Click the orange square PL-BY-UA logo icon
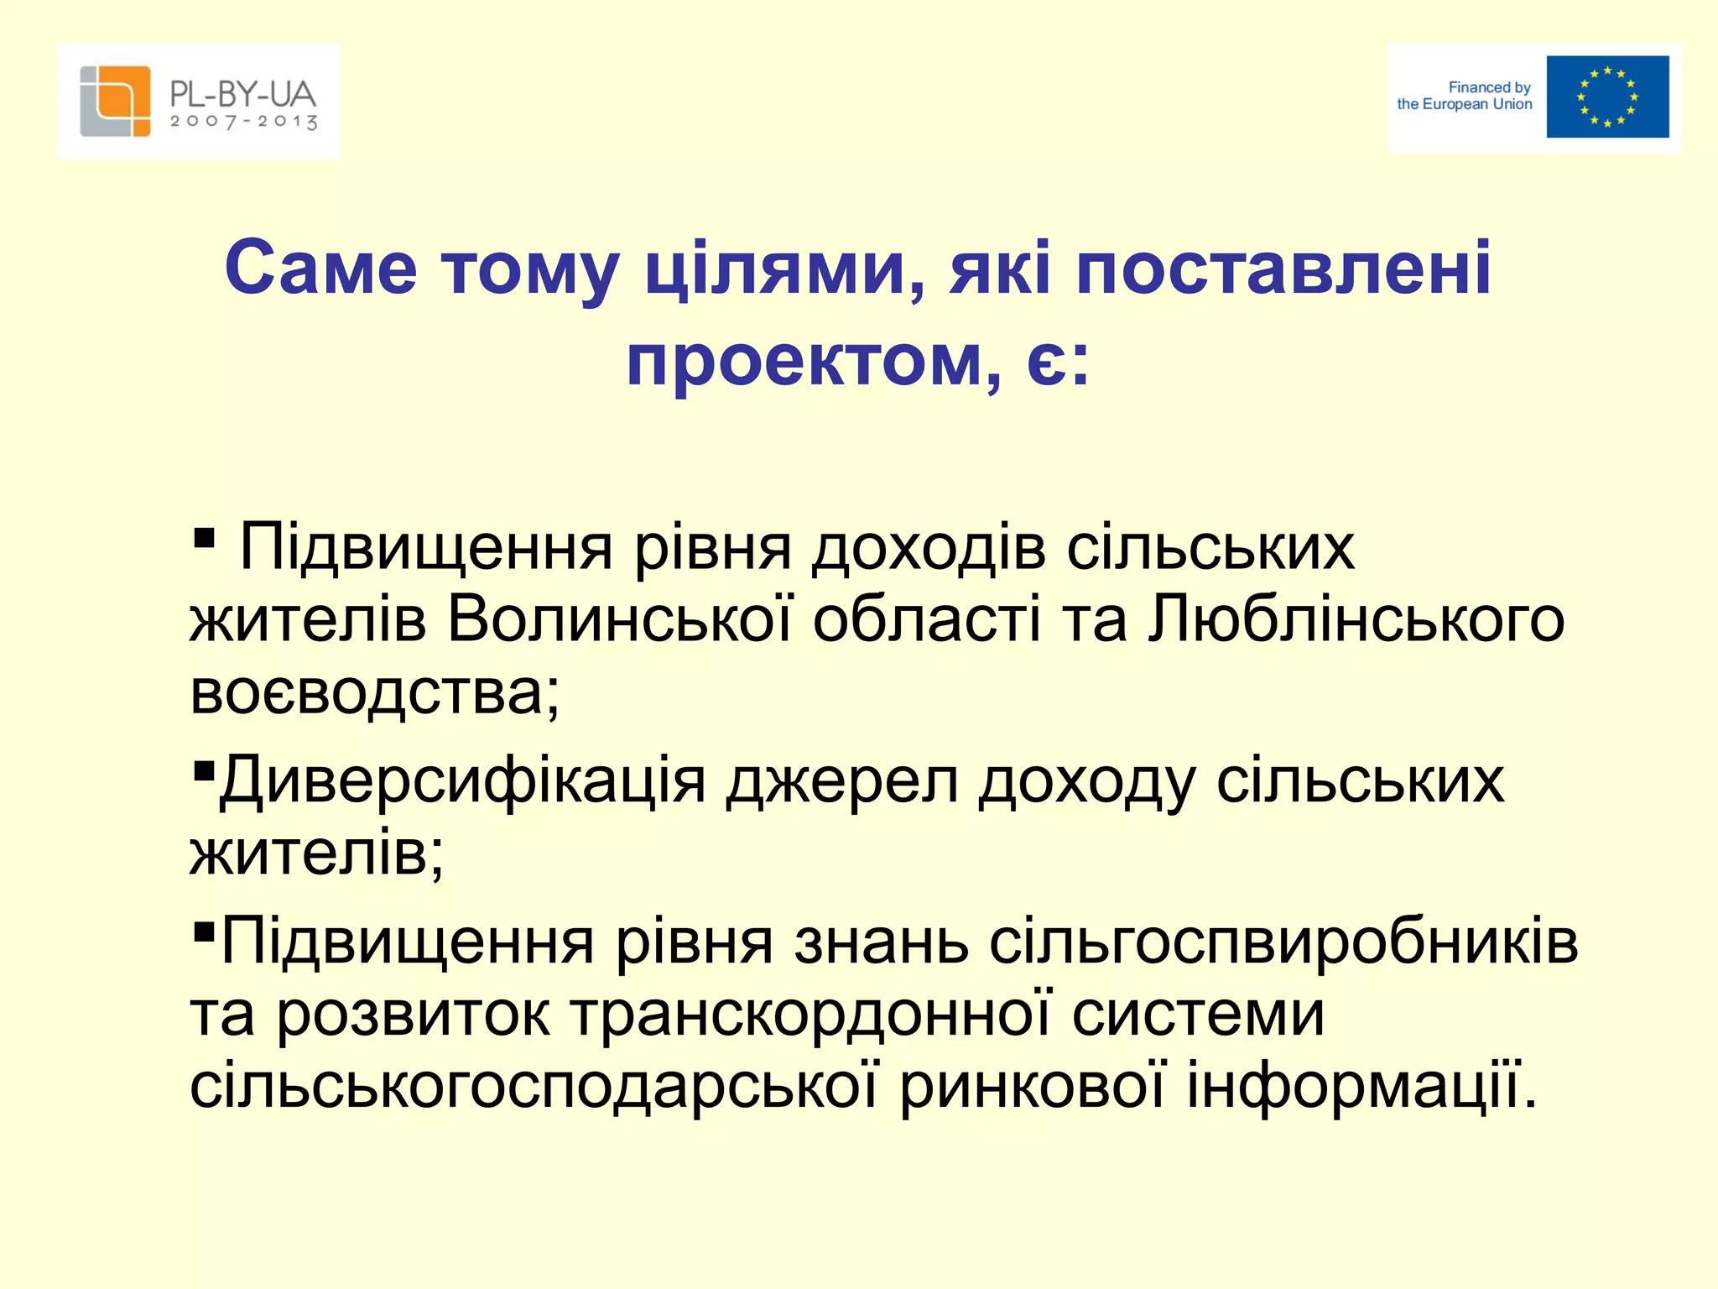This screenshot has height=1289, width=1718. tap(115, 101)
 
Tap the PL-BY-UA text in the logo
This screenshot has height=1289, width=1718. tap(242, 93)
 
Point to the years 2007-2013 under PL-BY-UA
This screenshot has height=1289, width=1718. tap(243, 122)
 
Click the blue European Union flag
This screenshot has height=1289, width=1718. tap(1607, 97)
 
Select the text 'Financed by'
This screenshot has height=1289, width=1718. tap(1489, 87)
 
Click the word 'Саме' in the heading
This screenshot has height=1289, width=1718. tap(320, 269)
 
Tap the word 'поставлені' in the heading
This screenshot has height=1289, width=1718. tap(1283, 269)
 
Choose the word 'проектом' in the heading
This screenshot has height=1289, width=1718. tap(804, 361)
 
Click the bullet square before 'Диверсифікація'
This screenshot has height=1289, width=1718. tap(203, 770)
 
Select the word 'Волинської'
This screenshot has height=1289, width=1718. tap(619, 619)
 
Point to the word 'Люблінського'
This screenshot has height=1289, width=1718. tap(1356, 619)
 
